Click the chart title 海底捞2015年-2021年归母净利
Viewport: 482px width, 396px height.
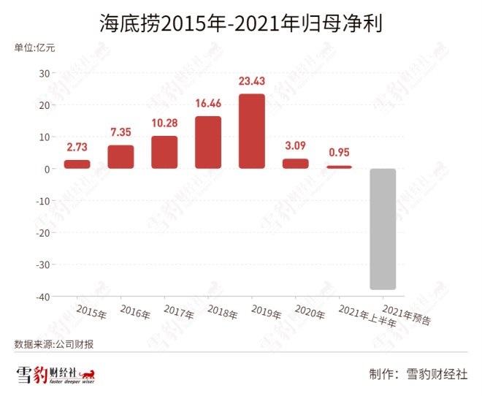[241, 25]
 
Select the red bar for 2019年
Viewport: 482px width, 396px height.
[252, 132]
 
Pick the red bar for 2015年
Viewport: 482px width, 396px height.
[77, 164]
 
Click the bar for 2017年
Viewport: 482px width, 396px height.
[164, 152]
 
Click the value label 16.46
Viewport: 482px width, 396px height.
[208, 104]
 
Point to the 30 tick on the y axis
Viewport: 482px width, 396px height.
[43, 73]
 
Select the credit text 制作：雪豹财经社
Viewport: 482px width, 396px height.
[418, 373]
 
